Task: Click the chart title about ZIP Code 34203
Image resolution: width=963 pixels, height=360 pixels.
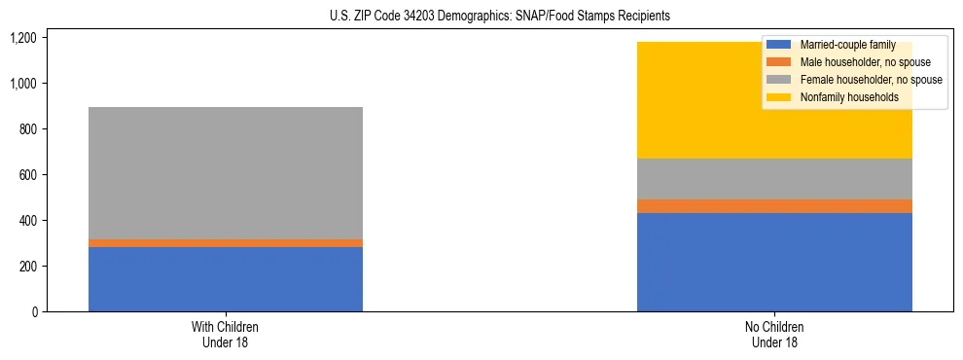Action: (481, 17)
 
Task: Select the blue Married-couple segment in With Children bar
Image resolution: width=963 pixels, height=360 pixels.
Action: (226, 279)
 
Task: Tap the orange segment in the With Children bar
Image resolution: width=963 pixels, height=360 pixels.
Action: (226, 243)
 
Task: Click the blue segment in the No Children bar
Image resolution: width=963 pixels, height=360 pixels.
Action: (774, 262)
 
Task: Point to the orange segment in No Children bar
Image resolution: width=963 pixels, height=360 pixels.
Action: (774, 206)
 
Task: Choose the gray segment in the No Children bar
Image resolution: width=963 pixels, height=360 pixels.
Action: (774, 179)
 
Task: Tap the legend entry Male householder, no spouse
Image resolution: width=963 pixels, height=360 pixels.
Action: (851, 62)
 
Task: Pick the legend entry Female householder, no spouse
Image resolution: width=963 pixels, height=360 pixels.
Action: (856, 80)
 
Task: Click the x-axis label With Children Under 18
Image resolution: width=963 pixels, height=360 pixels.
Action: (226, 335)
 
